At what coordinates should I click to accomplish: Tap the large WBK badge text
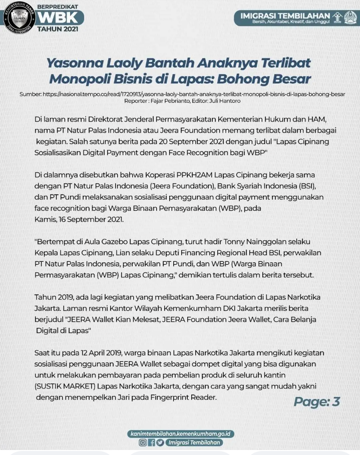coord(58,18)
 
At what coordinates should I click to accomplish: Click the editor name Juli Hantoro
coord(226,101)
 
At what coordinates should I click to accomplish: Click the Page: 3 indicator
coord(316,401)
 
